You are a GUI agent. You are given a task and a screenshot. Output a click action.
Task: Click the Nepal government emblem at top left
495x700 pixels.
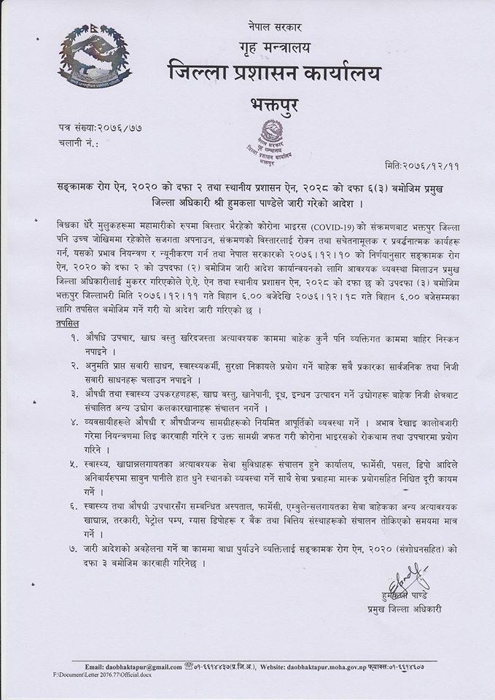(x=90, y=61)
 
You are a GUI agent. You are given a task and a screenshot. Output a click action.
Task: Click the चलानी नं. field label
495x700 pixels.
(x=79, y=144)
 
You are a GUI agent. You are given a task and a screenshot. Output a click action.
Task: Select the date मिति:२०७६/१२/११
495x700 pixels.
(x=418, y=166)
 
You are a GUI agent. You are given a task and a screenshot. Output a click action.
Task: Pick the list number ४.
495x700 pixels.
(x=75, y=421)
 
